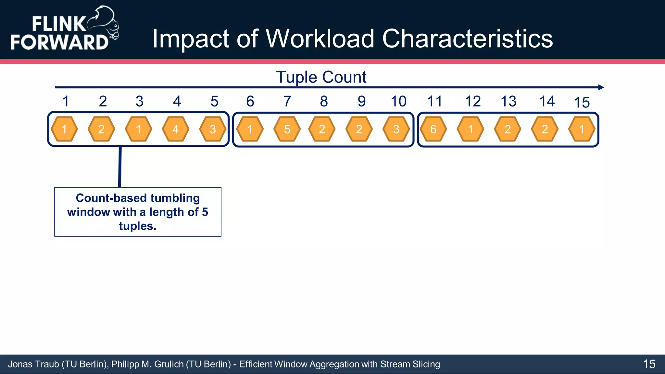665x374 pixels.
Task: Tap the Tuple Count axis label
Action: pos(321,77)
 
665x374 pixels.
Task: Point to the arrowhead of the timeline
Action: pos(601,87)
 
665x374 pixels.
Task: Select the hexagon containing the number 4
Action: pos(175,129)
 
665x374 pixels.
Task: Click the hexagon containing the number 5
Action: pos(287,129)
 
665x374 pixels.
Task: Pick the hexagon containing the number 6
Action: pos(433,129)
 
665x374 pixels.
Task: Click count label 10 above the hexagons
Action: pos(398,101)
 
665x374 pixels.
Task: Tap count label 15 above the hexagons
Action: pos(582,103)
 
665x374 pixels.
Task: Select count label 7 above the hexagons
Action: pos(287,101)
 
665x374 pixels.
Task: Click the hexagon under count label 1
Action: pos(64,129)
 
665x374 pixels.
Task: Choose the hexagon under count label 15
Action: pos(582,129)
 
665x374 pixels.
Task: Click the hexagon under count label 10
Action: pos(396,129)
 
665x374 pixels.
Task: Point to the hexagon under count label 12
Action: pos(470,129)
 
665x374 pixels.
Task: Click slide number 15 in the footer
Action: pos(649,364)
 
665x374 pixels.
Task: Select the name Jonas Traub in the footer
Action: pos(33,364)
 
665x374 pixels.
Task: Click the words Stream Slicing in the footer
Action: pos(410,364)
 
